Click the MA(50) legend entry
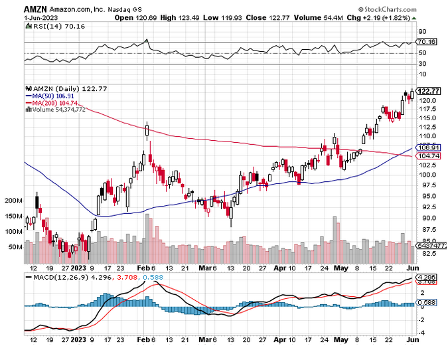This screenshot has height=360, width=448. point(49,96)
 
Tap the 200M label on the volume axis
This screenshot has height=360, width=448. point(13,200)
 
